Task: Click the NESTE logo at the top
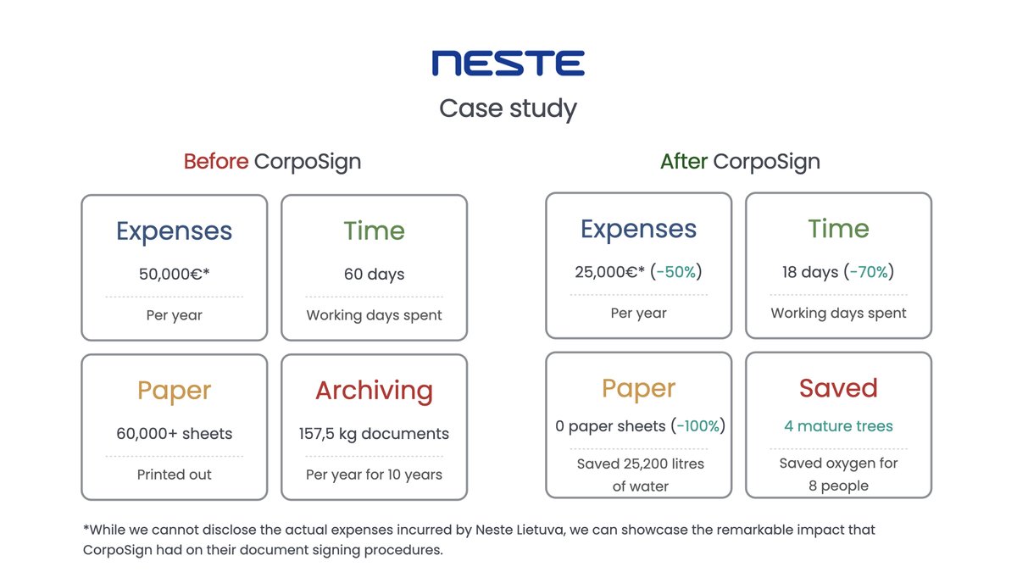pos(508,64)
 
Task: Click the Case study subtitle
pos(508,108)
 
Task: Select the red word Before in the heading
pos(216,162)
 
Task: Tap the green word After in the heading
pos(683,162)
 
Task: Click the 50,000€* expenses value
pos(174,275)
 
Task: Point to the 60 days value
pos(374,275)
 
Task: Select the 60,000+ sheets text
pos(174,434)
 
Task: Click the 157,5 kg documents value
pos(374,434)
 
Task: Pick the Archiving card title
pos(374,391)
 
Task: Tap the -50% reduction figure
pos(676,272)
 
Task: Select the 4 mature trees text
pos(838,426)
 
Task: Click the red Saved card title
pos(838,388)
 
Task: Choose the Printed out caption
pos(174,475)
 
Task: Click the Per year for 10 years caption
pos(374,475)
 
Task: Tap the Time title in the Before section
pos(374,231)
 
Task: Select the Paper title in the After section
pos(638,388)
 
